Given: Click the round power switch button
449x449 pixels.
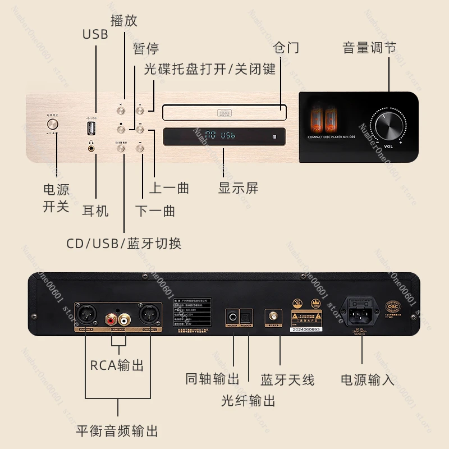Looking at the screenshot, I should click(x=53, y=125).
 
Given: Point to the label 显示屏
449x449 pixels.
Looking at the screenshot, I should click(x=239, y=188).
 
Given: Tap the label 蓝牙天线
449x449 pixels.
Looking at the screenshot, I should click(x=287, y=379).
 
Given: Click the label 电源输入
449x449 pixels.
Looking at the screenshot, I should click(x=368, y=379).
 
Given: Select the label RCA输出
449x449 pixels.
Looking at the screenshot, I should click(x=117, y=365).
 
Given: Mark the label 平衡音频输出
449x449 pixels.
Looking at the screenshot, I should click(x=117, y=431).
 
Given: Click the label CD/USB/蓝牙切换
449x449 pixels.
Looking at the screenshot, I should click(x=124, y=244).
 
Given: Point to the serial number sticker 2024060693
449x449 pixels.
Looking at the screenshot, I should click(x=306, y=330).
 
